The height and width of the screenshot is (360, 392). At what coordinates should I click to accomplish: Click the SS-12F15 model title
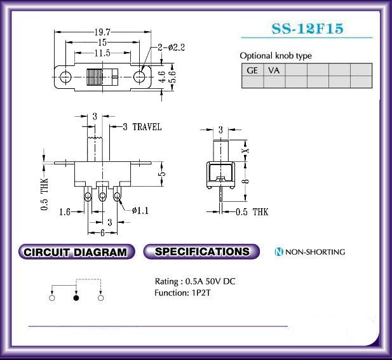308,29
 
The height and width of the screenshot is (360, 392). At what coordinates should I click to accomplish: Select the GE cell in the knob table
252,70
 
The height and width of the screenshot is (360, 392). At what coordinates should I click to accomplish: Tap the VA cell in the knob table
274,70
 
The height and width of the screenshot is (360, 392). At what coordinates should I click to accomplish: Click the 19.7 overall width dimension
102,32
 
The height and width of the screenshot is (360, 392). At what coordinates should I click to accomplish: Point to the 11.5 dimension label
102,53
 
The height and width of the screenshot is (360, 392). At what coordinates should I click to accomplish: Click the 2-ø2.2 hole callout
172,47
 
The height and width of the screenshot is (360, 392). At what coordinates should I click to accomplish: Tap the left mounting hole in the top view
65,77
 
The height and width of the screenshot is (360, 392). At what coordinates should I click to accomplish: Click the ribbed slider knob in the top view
95,77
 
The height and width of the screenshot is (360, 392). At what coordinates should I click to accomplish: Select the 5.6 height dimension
173,77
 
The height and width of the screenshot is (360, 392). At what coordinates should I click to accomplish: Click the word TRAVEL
147,127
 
